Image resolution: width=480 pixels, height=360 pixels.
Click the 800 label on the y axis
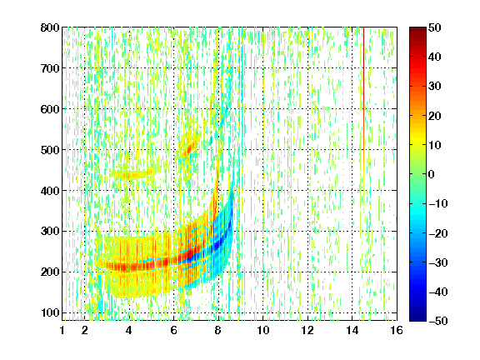50,27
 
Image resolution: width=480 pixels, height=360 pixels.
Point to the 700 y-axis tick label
50,68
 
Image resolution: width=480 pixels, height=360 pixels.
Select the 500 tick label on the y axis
50,150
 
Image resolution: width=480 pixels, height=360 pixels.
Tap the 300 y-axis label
50,232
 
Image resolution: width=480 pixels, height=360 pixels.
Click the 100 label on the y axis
50,312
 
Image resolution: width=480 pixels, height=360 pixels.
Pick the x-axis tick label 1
62,330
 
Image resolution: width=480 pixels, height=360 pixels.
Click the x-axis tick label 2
85,330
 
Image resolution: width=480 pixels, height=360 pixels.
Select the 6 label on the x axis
174,330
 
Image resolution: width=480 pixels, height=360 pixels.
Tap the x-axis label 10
263,330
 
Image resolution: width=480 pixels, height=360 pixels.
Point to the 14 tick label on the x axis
352,330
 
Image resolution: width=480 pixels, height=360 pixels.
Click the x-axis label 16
397,330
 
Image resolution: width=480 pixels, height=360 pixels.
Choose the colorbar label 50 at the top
434,27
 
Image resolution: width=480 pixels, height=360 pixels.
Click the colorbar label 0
432,174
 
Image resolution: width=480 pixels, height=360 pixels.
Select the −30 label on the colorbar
438,262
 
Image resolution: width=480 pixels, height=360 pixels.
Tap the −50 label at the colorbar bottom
438,321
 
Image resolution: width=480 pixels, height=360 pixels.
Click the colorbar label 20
434,116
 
